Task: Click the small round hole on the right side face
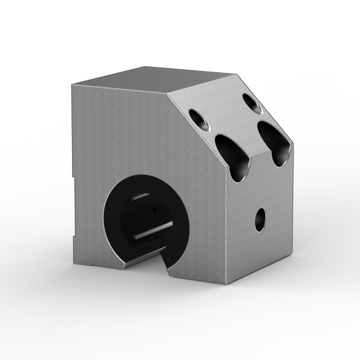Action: pos(261,218)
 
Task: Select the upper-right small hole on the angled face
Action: pos(251,102)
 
